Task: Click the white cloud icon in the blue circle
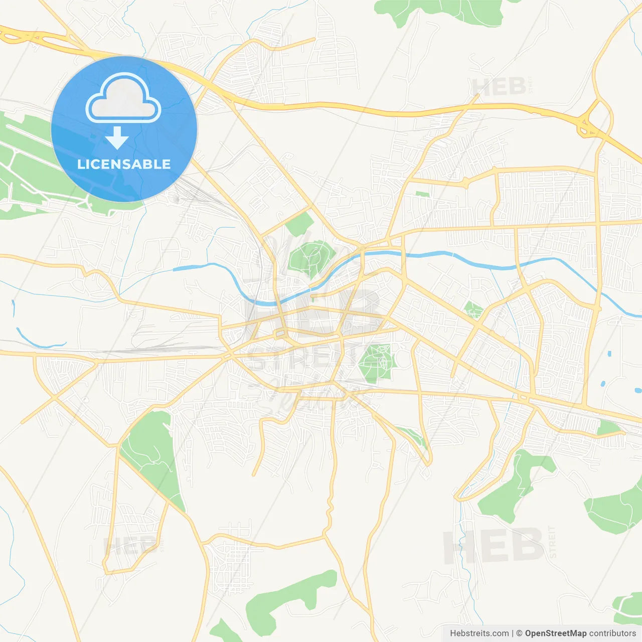pyautogui.click(x=123, y=98)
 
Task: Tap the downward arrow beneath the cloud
pyautogui.click(x=117, y=137)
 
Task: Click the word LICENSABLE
pyautogui.click(x=124, y=165)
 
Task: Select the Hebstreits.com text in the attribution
pyautogui.click(x=479, y=633)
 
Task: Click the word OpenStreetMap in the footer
pyautogui.click(x=555, y=633)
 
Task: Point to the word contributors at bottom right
pyautogui.click(x=612, y=633)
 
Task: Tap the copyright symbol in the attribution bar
pyautogui.click(x=519, y=633)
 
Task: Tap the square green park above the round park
pyautogui.click(x=299, y=224)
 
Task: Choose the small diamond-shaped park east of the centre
pyautogui.click(x=472, y=309)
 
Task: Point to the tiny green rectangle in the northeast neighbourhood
pyautogui.click(x=422, y=194)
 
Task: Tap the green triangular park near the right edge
pyautogui.click(x=609, y=428)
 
